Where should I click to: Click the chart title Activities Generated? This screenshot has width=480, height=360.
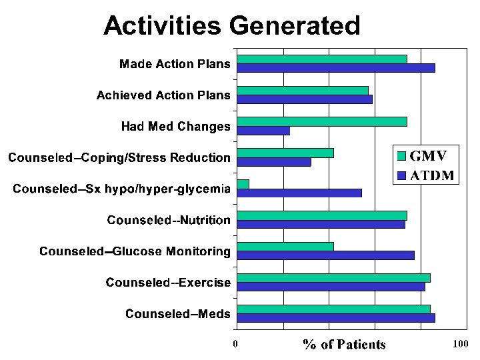point(231,26)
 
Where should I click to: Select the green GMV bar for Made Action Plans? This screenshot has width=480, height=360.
point(322,59)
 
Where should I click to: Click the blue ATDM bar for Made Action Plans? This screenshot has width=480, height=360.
point(336,67)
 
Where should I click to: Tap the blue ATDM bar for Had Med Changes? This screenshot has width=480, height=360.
point(263,130)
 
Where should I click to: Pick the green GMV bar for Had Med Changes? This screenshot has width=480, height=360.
point(322,121)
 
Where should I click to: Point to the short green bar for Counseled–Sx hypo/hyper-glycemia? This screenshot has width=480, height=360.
point(243,184)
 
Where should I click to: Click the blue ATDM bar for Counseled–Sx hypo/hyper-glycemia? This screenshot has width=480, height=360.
point(299,193)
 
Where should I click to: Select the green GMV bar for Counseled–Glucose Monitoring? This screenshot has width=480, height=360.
point(285,247)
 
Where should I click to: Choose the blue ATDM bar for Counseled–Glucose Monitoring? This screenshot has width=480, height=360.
point(325,255)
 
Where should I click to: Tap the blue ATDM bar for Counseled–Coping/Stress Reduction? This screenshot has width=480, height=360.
point(274,161)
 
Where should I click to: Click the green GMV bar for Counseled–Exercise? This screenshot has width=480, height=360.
point(333,278)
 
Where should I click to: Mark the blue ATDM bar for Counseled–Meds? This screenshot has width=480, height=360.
point(336,318)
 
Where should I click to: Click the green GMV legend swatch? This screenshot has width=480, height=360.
point(401,157)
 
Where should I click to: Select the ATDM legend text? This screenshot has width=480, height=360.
point(432,176)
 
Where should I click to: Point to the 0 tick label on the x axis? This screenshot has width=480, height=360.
point(235,345)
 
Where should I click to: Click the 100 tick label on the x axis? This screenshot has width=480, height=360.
point(460,345)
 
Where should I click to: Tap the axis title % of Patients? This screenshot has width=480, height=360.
point(345,345)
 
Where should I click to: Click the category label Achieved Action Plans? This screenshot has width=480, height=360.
point(163,95)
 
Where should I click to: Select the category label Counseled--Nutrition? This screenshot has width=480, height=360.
point(169,220)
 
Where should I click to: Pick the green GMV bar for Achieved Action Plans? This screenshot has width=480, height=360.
point(303,90)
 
